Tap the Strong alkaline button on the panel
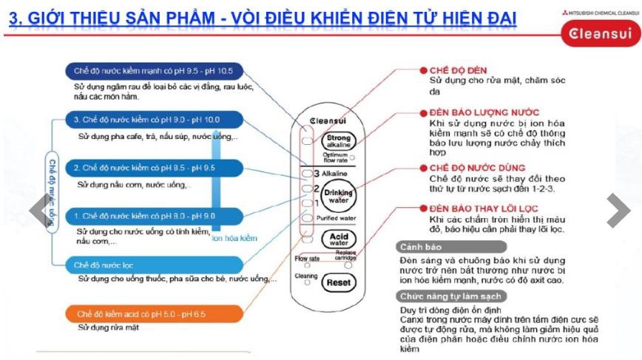pos(339,141)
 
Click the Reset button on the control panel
pos(338,282)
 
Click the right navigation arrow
pos(618,211)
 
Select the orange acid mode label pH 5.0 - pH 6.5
pos(141,314)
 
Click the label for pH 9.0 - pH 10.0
pos(146,119)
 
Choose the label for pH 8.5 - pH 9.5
pos(145,168)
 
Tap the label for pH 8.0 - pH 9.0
pos(145,216)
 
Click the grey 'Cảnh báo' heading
pos(419,246)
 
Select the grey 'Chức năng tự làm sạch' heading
pos(442,296)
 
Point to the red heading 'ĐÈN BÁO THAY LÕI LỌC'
pos(484,210)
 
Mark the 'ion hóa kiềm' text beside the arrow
pos(234,239)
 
